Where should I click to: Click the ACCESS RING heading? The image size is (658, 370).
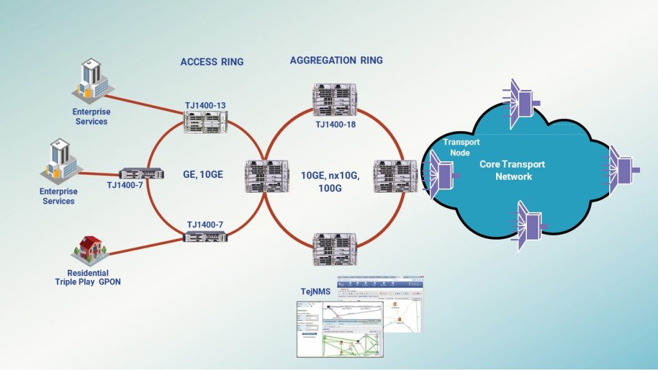pos(211,62)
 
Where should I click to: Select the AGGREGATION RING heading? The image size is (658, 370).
pos(336,60)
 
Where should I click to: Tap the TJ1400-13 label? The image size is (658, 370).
pos(206,104)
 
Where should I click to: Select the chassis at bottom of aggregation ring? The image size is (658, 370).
pos(334,250)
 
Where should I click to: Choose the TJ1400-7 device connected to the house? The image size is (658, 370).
pos(206,236)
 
